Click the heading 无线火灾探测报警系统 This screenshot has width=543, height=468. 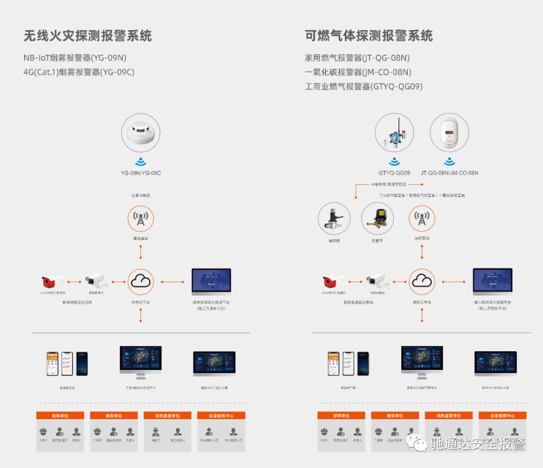87,36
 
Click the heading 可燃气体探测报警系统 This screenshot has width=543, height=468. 369,36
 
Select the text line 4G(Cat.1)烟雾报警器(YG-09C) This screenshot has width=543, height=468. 79,72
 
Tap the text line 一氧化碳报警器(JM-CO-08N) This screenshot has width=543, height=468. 358,72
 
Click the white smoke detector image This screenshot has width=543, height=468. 140,133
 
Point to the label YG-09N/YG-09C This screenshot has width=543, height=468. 140,173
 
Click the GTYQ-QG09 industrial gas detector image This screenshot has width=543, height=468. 394,133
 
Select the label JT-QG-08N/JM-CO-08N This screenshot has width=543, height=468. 449,173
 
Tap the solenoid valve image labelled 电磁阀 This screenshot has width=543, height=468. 334,219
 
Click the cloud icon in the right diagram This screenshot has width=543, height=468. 421,282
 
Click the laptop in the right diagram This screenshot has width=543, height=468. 492,283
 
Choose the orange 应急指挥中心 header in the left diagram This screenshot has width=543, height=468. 222,416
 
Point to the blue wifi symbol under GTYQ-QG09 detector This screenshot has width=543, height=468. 394,162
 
